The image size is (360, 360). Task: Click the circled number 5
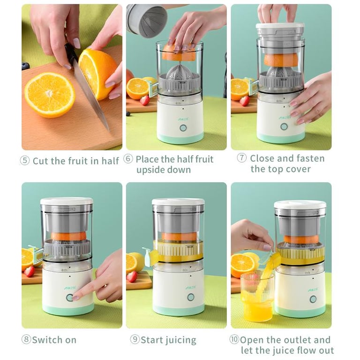coord(25,160)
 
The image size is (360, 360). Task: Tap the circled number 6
coord(128,159)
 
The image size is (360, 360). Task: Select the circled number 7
coord(242,158)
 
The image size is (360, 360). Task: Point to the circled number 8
coord(26,339)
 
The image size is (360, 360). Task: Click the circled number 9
coord(135,339)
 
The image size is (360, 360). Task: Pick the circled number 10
coord(234,339)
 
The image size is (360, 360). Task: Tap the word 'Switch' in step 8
coord(47,340)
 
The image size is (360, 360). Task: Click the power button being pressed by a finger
coord(69,298)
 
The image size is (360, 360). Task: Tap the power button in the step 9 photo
coord(191,297)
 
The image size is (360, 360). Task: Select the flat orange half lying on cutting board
coord(50,95)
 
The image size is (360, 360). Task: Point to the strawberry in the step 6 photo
coord(145,100)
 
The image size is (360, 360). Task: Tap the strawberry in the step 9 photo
coord(132,277)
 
